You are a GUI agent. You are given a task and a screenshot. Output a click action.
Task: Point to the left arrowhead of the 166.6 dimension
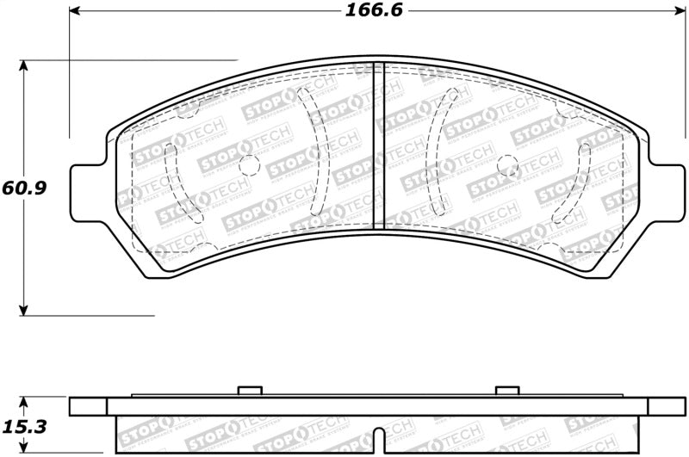(x=74, y=12)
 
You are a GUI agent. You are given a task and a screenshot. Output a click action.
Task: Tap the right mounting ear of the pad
(x=661, y=191)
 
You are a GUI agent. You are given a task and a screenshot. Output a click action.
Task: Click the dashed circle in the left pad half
(x=247, y=164)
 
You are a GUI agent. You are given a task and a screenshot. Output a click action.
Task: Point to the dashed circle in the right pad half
(x=508, y=163)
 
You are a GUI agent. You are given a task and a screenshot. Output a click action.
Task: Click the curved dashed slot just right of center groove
(x=438, y=153)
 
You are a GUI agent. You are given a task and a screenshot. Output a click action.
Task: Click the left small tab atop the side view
(x=249, y=391)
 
